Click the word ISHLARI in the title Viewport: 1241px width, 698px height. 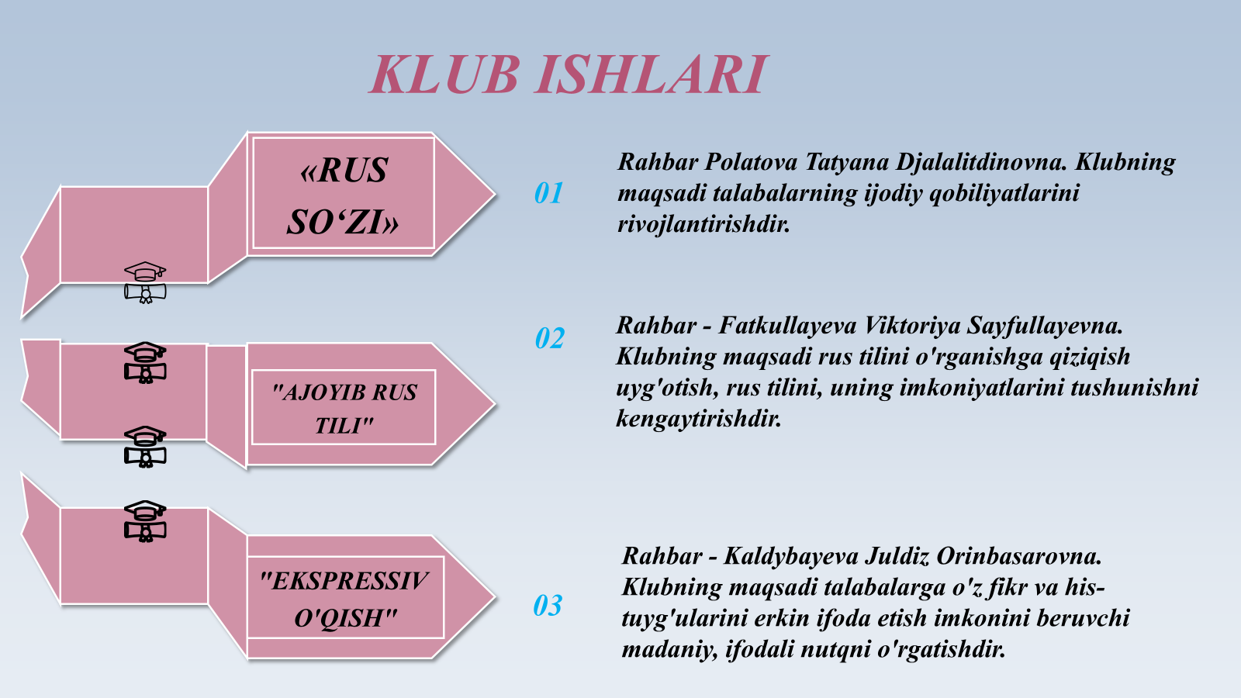pyautogui.click(x=652, y=74)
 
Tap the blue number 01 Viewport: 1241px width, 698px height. pyautogui.click(x=548, y=193)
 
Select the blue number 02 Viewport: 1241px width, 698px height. pyautogui.click(x=550, y=338)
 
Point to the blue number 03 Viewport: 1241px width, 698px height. pyautogui.click(x=548, y=605)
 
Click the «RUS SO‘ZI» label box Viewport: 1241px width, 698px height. pyautogui.click(x=344, y=193)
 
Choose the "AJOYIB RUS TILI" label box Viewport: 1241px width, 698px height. pyautogui.click(x=344, y=407)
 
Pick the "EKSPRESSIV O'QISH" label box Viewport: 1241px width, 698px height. pyautogui.click(x=344, y=598)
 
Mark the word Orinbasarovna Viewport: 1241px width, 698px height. pyautogui.click(x=1019, y=556)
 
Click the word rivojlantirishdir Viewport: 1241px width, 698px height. pyautogui.click(x=703, y=225)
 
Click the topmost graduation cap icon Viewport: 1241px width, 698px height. pyautogui.click(x=145, y=282)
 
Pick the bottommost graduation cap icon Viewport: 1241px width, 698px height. pyautogui.click(x=145, y=521)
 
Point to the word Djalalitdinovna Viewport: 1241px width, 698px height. pyautogui.click(x=982, y=163)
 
